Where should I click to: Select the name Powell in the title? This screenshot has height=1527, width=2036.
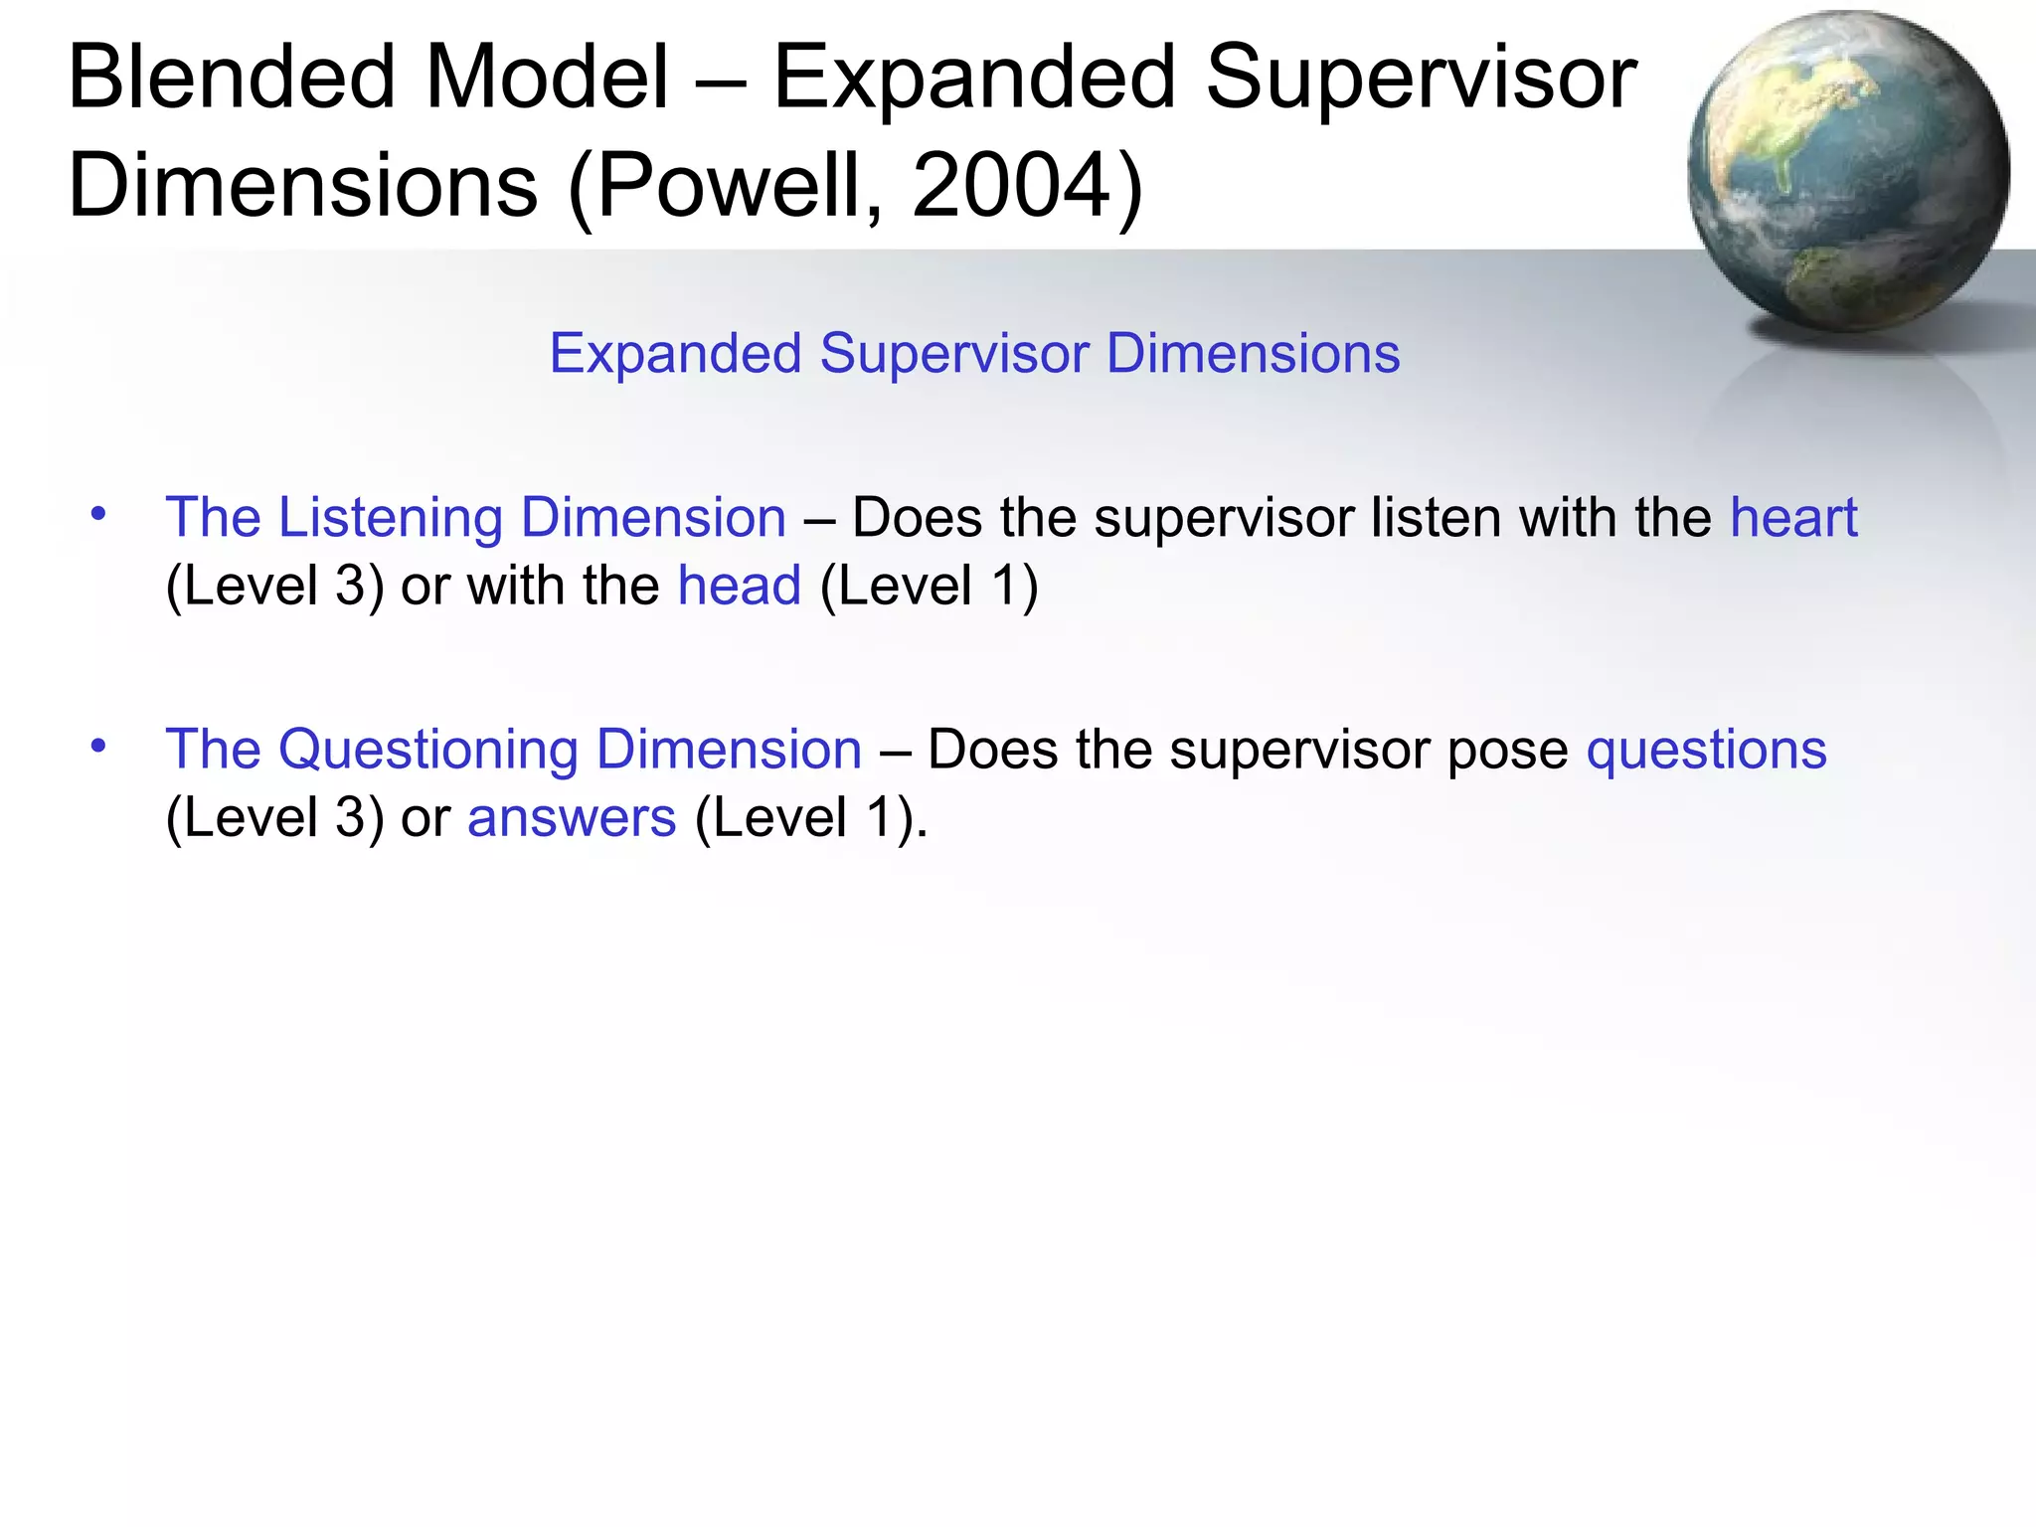coord(737,186)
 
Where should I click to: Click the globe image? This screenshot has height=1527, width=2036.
coord(1847,171)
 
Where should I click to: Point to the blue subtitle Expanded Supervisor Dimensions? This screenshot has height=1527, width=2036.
coord(974,354)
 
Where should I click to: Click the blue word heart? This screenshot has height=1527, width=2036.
coord(1793,518)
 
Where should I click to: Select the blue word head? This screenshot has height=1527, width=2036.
coord(739,586)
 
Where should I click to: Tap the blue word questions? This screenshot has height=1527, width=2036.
coord(1706,750)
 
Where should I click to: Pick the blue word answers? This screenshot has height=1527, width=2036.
coord(572,818)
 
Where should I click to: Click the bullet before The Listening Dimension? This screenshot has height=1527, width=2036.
coord(97,514)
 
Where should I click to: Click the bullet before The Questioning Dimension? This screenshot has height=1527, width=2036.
coord(97,746)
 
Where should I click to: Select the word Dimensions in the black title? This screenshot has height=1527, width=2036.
coord(303,186)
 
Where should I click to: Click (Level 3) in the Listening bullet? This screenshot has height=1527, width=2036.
coord(274,586)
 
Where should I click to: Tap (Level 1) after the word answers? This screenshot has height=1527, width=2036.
coord(808,818)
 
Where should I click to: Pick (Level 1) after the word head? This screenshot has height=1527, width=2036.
coord(929,586)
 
